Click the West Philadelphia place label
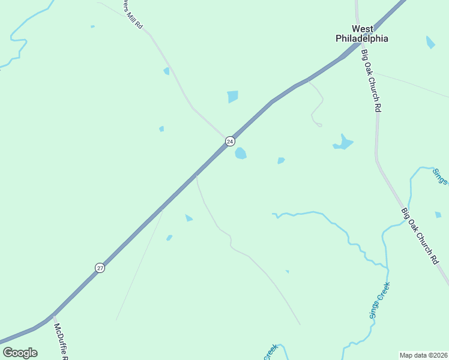click(x=361, y=34)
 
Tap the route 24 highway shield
click(x=230, y=141)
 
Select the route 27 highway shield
click(x=100, y=268)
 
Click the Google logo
click(x=20, y=352)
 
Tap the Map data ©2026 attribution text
click(x=424, y=355)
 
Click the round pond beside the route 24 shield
click(x=241, y=154)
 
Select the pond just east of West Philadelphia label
click(x=430, y=42)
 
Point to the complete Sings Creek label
click(x=380, y=300)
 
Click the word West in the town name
click(x=362, y=29)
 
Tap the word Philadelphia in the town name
click(x=361, y=38)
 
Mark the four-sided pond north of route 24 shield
click(x=233, y=97)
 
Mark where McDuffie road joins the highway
click(x=53, y=316)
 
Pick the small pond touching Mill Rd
click(x=167, y=71)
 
